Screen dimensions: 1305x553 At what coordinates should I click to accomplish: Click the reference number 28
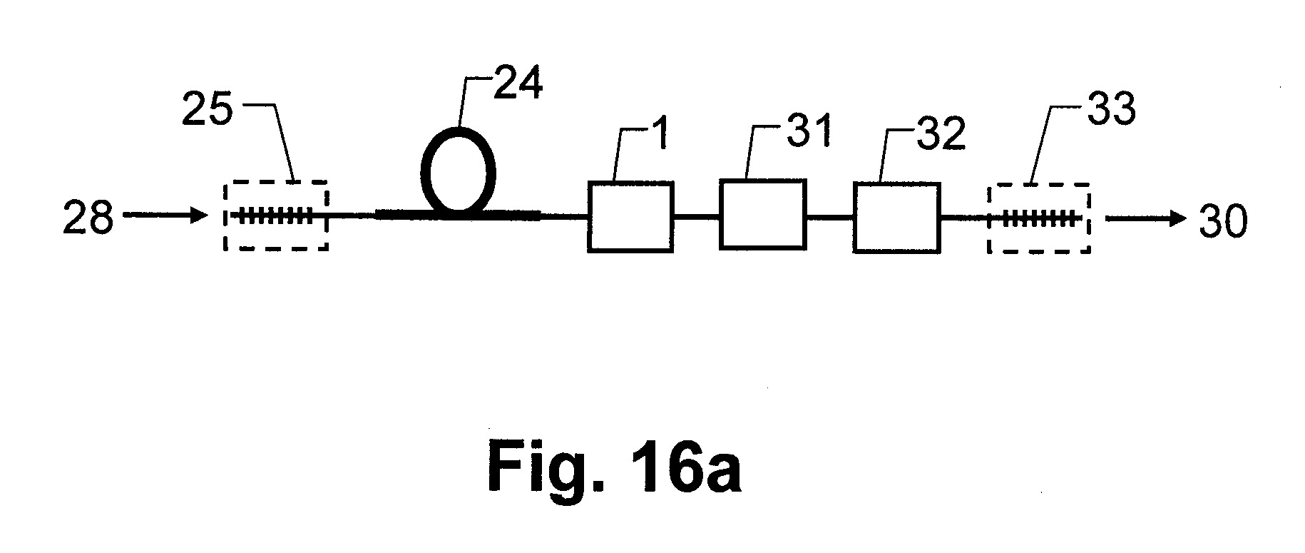[x=88, y=217]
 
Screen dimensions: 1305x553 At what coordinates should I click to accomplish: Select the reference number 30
[x=1222, y=220]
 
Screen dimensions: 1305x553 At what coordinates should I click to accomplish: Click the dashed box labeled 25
[x=276, y=215]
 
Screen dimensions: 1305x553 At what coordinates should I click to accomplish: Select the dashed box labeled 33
[x=1039, y=218]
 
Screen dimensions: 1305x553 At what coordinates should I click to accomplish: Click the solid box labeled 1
[x=630, y=216]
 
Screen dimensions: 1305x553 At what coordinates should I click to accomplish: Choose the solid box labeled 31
[x=762, y=214]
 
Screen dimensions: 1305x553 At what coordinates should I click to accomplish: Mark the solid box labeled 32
[x=897, y=218]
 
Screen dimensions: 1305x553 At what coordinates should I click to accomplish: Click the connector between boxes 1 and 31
[x=697, y=216]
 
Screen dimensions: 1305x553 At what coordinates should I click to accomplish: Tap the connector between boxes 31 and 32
[x=830, y=216]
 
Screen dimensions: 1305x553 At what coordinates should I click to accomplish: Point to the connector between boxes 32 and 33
[x=965, y=217]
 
